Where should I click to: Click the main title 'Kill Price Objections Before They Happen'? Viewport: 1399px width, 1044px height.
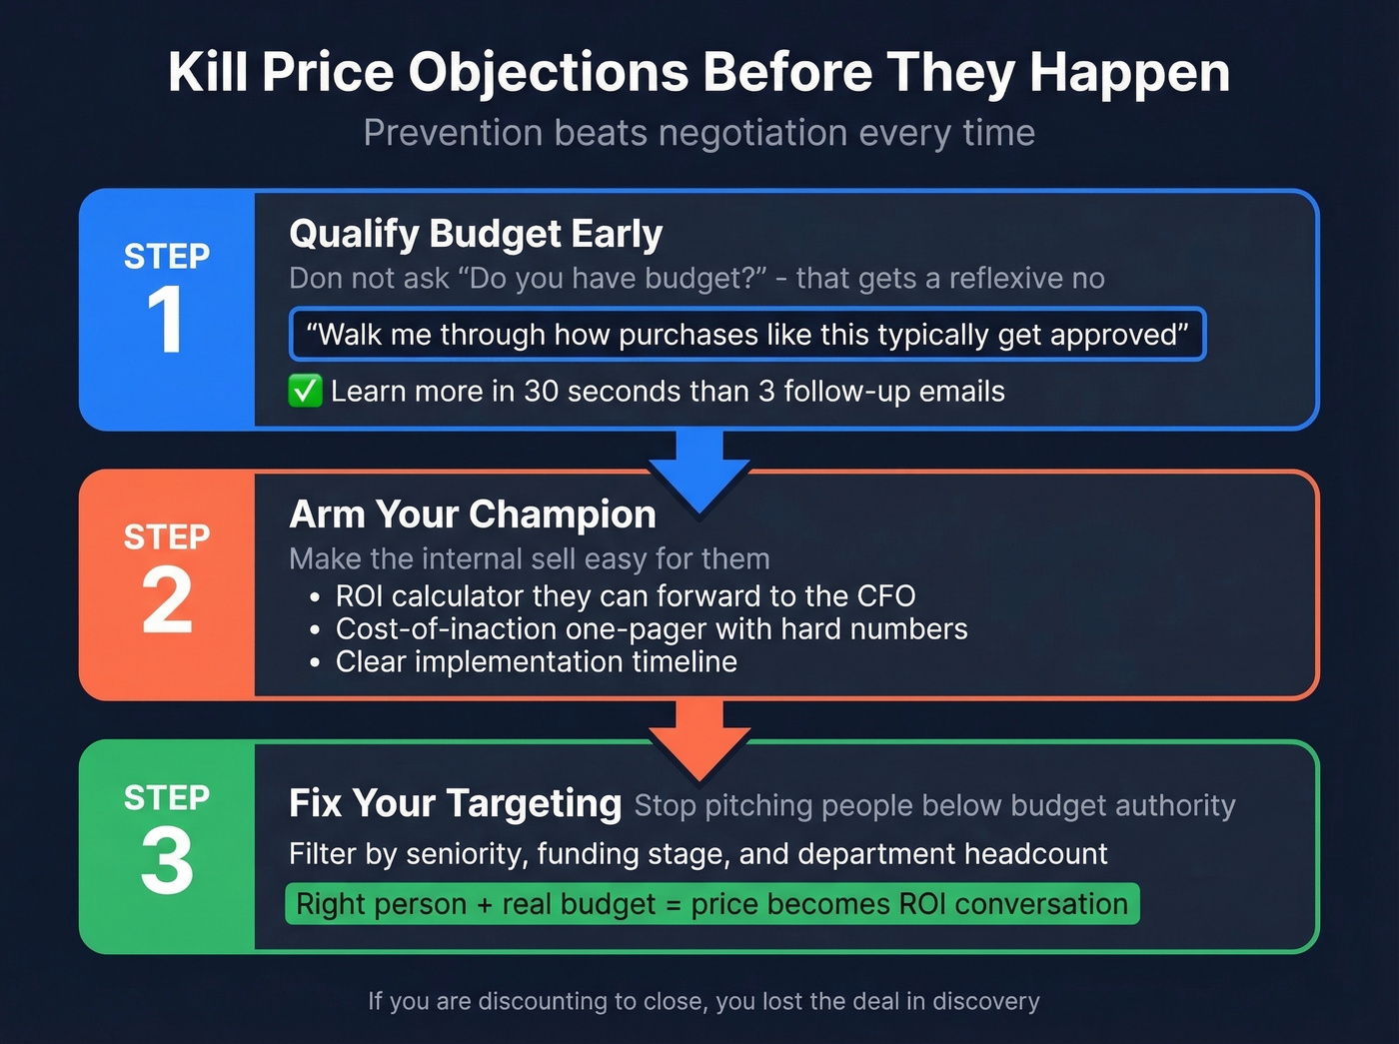point(699,73)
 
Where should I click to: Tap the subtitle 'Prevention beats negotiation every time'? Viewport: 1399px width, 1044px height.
point(699,133)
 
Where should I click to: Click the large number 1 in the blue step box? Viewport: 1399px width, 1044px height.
point(166,320)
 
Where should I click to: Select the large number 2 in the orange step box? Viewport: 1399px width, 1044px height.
point(166,600)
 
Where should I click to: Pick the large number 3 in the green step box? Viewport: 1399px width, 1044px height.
point(166,862)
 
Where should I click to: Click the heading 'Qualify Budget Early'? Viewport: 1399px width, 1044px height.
point(476,234)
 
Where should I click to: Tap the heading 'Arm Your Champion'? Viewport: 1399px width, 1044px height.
point(473,515)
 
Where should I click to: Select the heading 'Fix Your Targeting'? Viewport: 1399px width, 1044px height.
point(455,803)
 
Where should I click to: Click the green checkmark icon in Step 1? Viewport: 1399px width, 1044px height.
point(305,391)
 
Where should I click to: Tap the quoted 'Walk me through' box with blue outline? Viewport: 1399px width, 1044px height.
point(746,335)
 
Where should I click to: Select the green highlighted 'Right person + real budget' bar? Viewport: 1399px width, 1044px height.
point(711,904)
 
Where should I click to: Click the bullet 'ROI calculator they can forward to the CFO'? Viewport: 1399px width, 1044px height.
point(625,596)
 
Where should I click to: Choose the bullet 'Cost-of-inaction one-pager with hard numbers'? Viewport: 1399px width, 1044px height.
point(651,629)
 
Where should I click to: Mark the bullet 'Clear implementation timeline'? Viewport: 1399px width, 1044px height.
point(536,662)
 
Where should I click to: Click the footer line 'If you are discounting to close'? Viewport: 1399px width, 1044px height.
point(703,1001)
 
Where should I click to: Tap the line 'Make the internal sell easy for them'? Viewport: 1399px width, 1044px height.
point(529,558)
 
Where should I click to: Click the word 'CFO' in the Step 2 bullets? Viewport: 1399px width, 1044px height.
point(886,596)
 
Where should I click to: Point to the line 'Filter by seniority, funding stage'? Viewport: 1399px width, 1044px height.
point(698,854)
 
